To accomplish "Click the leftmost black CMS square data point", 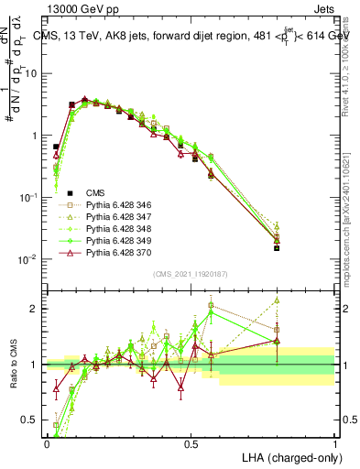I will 56,147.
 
